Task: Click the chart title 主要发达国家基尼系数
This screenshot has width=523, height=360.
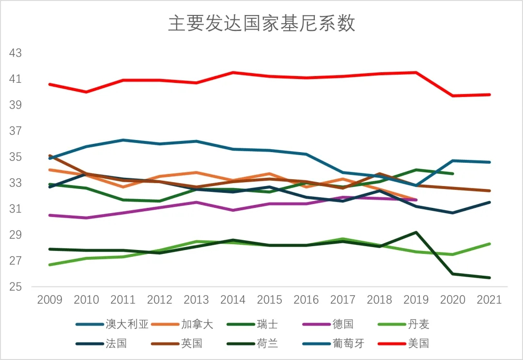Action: (x=261, y=23)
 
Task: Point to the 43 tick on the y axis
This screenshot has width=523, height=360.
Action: (x=16, y=53)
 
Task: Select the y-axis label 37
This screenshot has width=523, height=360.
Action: (x=16, y=131)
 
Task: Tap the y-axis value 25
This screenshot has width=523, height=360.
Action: (x=16, y=287)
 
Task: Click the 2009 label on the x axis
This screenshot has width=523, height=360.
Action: (x=50, y=300)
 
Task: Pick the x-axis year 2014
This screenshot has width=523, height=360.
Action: (x=232, y=300)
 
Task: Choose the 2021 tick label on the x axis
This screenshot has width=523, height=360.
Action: (x=489, y=300)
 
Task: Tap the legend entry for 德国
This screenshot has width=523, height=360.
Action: (x=343, y=324)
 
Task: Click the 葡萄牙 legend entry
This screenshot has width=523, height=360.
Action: (x=348, y=344)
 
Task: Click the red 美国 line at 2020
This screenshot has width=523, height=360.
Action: (x=452, y=95)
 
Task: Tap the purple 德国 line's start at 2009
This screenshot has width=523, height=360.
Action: (x=50, y=215)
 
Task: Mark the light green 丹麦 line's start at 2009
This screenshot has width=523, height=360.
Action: (x=50, y=265)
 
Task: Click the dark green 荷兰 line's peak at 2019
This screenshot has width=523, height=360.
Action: (x=415, y=232)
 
